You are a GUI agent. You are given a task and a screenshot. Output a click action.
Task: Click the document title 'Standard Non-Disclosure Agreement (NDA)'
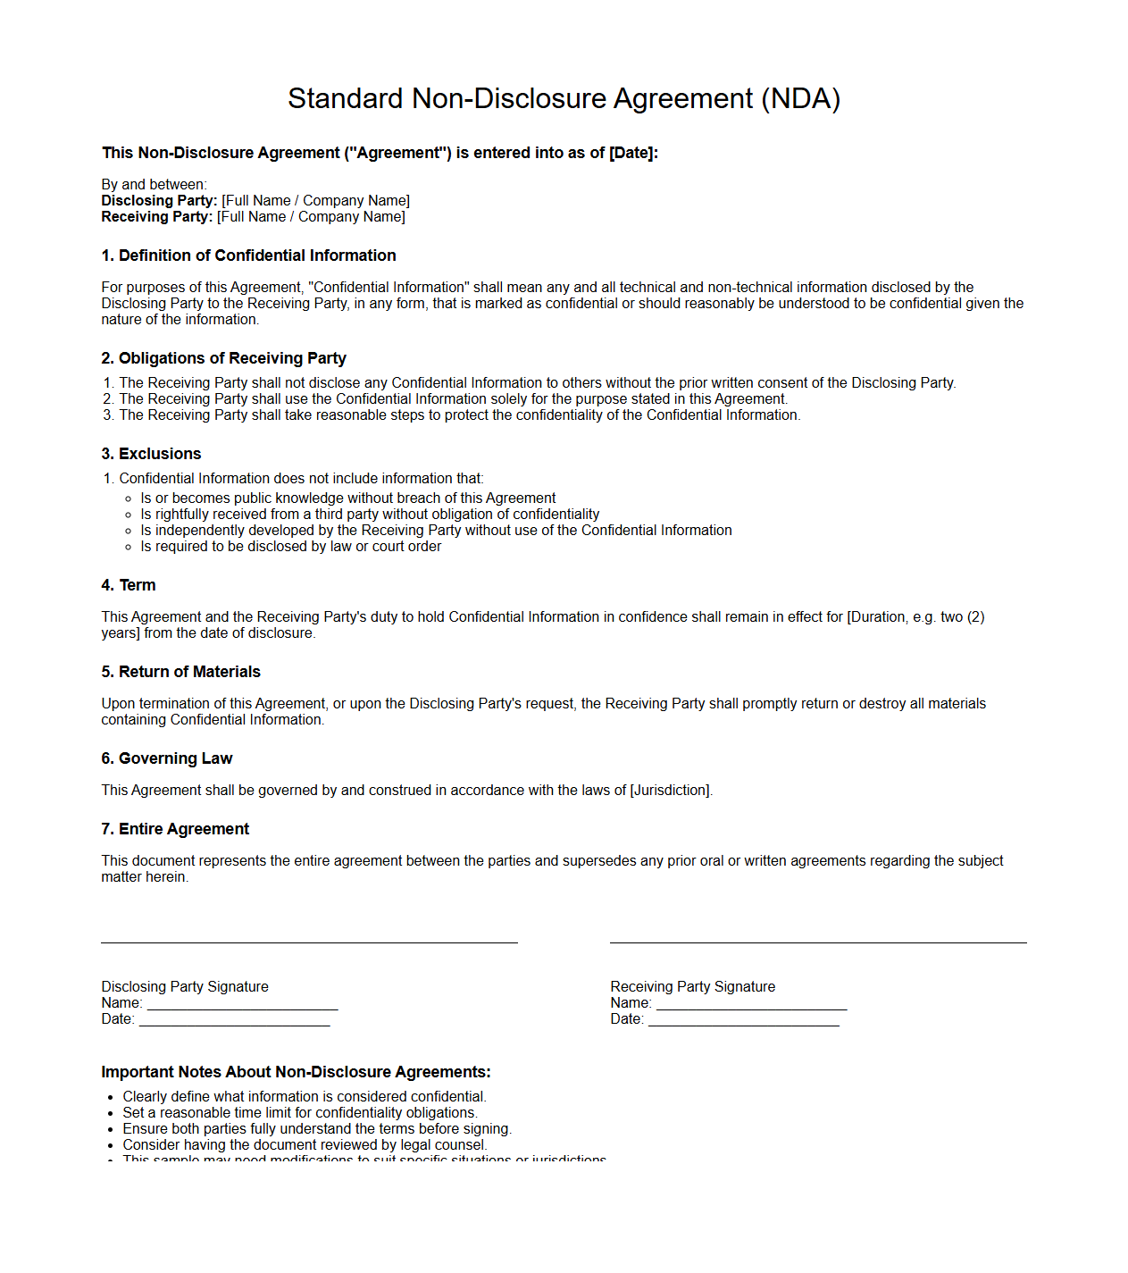coord(564,98)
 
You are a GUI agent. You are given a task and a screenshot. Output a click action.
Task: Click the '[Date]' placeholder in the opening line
coord(632,153)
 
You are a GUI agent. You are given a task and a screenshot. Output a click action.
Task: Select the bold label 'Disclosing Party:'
coord(159,201)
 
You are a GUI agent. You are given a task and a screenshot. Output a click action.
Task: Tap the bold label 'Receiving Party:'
coord(157,217)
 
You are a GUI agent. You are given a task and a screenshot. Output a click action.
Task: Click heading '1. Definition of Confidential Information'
coord(248,255)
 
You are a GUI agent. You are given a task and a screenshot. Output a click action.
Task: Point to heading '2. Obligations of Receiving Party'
coord(223,358)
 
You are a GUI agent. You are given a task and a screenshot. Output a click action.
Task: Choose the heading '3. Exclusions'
coord(151,454)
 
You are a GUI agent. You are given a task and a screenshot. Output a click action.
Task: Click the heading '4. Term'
coord(129,585)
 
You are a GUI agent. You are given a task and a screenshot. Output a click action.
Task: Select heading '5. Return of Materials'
coord(180,672)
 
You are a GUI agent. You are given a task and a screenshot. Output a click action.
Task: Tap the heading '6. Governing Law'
coord(166,758)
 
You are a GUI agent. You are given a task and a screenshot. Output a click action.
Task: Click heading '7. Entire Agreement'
coord(175,829)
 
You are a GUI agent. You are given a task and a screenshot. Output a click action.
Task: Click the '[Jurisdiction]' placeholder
coord(670,791)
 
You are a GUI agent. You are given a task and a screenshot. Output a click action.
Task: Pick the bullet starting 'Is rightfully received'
coord(370,515)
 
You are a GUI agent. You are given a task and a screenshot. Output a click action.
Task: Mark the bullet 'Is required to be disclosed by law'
coord(290,547)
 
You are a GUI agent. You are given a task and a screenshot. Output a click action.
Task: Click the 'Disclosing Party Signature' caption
coord(185,987)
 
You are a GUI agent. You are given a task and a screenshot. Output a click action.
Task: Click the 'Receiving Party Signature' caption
coord(692,987)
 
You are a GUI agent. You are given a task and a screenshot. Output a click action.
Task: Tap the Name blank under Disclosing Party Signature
coord(242,1003)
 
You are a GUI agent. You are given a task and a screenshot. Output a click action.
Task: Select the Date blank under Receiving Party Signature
coord(743,1019)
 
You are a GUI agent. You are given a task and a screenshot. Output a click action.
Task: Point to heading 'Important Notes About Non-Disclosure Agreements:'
coord(296,1072)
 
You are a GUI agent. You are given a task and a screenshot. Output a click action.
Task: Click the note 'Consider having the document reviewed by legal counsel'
coord(305,1145)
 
